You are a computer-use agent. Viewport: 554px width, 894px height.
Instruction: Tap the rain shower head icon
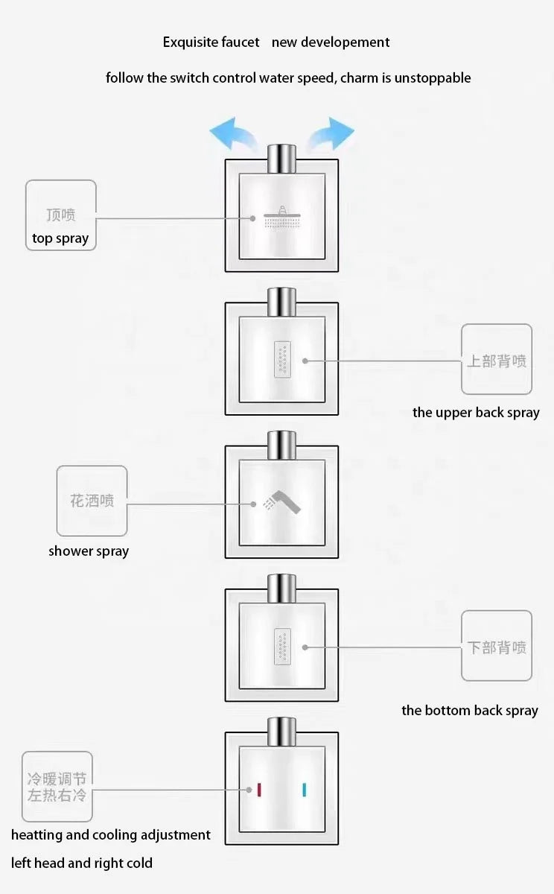[282, 218]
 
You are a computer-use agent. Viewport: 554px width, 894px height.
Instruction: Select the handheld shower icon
[282, 502]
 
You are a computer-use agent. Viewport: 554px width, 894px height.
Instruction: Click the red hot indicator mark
[259, 790]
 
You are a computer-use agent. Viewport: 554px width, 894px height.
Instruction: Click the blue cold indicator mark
[305, 790]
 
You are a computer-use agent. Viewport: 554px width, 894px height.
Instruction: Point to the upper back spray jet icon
[282, 360]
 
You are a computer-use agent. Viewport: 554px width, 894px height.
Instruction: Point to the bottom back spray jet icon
[282, 646]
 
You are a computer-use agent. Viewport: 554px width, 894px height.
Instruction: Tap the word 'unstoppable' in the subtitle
[433, 77]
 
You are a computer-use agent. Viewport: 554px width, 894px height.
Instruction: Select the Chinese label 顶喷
[61, 215]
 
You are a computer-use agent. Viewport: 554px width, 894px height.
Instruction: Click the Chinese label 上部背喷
[497, 361]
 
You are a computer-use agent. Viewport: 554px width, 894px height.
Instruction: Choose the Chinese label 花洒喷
[92, 501]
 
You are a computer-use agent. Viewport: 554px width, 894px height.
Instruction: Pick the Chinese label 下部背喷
[497, 647]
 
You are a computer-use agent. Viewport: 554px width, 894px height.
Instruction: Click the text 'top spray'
[60, 238]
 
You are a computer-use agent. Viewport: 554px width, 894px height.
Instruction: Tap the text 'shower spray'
[89, 551]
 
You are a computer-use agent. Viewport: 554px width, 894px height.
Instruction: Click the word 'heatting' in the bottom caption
[36, 835]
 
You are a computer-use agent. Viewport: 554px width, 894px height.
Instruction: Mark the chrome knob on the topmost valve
[282, 159]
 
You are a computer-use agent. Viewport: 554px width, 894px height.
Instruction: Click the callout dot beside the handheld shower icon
[253, 504]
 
